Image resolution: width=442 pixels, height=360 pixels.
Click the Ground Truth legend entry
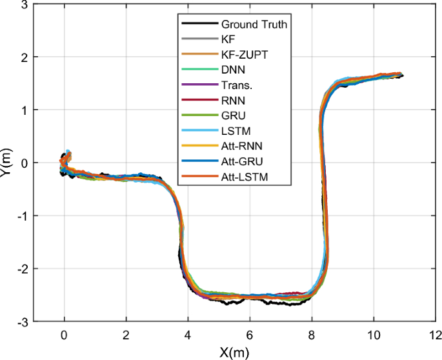254,25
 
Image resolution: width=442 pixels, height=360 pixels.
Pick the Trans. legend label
235,85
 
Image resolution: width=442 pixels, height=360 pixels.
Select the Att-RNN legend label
241,145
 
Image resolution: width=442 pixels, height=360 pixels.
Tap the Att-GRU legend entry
241,161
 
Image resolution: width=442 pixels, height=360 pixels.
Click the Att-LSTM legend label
243,175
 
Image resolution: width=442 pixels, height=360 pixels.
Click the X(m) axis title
234,352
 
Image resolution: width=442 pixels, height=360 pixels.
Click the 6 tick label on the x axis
249,335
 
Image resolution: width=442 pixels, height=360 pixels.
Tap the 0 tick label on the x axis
64,335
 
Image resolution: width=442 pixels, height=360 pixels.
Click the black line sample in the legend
199,25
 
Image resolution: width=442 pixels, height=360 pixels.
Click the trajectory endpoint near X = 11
401,75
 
